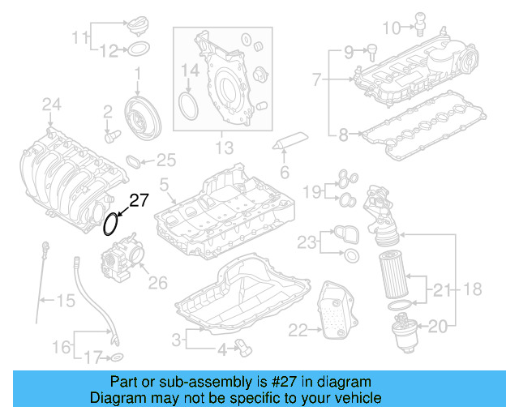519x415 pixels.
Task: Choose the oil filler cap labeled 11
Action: [138, 24]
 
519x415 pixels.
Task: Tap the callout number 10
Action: [391, 28]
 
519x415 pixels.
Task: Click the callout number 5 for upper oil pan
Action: [164, 186]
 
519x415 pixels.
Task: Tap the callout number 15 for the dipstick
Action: [64, 302]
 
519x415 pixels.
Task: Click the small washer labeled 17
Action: [116, 357]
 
